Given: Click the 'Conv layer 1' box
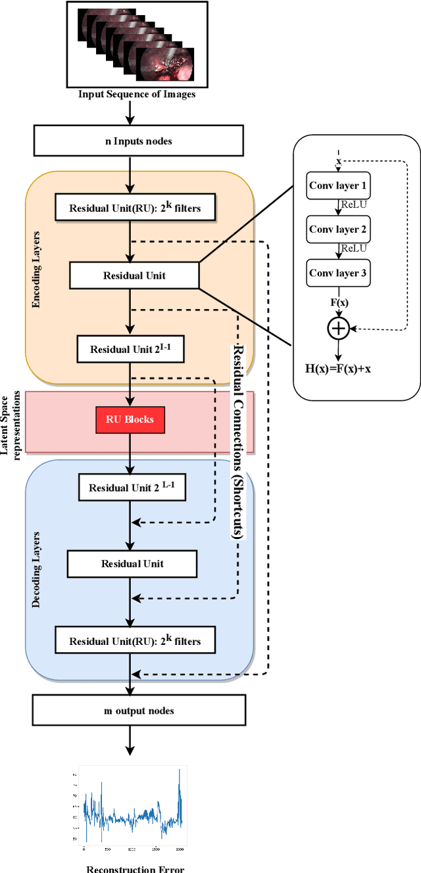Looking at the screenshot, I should coord(338,185).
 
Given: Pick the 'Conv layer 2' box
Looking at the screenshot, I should coord(338,229).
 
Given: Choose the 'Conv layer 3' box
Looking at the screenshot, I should coord(338,273).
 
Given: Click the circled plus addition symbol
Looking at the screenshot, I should coord(338,328).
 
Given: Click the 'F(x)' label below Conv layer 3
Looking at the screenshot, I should coord(338,303).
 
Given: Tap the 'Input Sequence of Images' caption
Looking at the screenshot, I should coord(137,94).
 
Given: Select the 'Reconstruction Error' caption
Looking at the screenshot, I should coord(136,868).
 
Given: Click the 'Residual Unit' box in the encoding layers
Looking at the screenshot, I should coord(134,275).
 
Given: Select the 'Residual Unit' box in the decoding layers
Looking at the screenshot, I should coord(132,563).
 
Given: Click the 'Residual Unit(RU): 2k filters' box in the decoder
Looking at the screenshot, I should coord(135,640).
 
